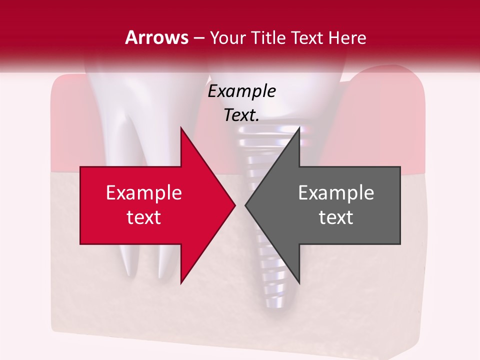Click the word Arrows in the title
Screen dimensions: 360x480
(157, 37)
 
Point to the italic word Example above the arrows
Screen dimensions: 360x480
(242, 91)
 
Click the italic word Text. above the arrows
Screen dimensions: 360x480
(242, 115)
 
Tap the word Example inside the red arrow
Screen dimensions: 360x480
(144, 193)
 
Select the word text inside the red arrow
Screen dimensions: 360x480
(144, 217)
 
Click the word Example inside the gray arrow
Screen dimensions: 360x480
(336, 193)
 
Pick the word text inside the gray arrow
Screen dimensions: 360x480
(336, 217)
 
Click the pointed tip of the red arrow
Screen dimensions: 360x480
(234, 205)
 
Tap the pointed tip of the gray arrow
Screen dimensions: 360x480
(246, 205)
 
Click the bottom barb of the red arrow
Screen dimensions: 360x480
(181, 281)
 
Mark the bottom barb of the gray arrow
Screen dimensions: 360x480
(298, 281)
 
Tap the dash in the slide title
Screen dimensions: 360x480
(198, 38)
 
